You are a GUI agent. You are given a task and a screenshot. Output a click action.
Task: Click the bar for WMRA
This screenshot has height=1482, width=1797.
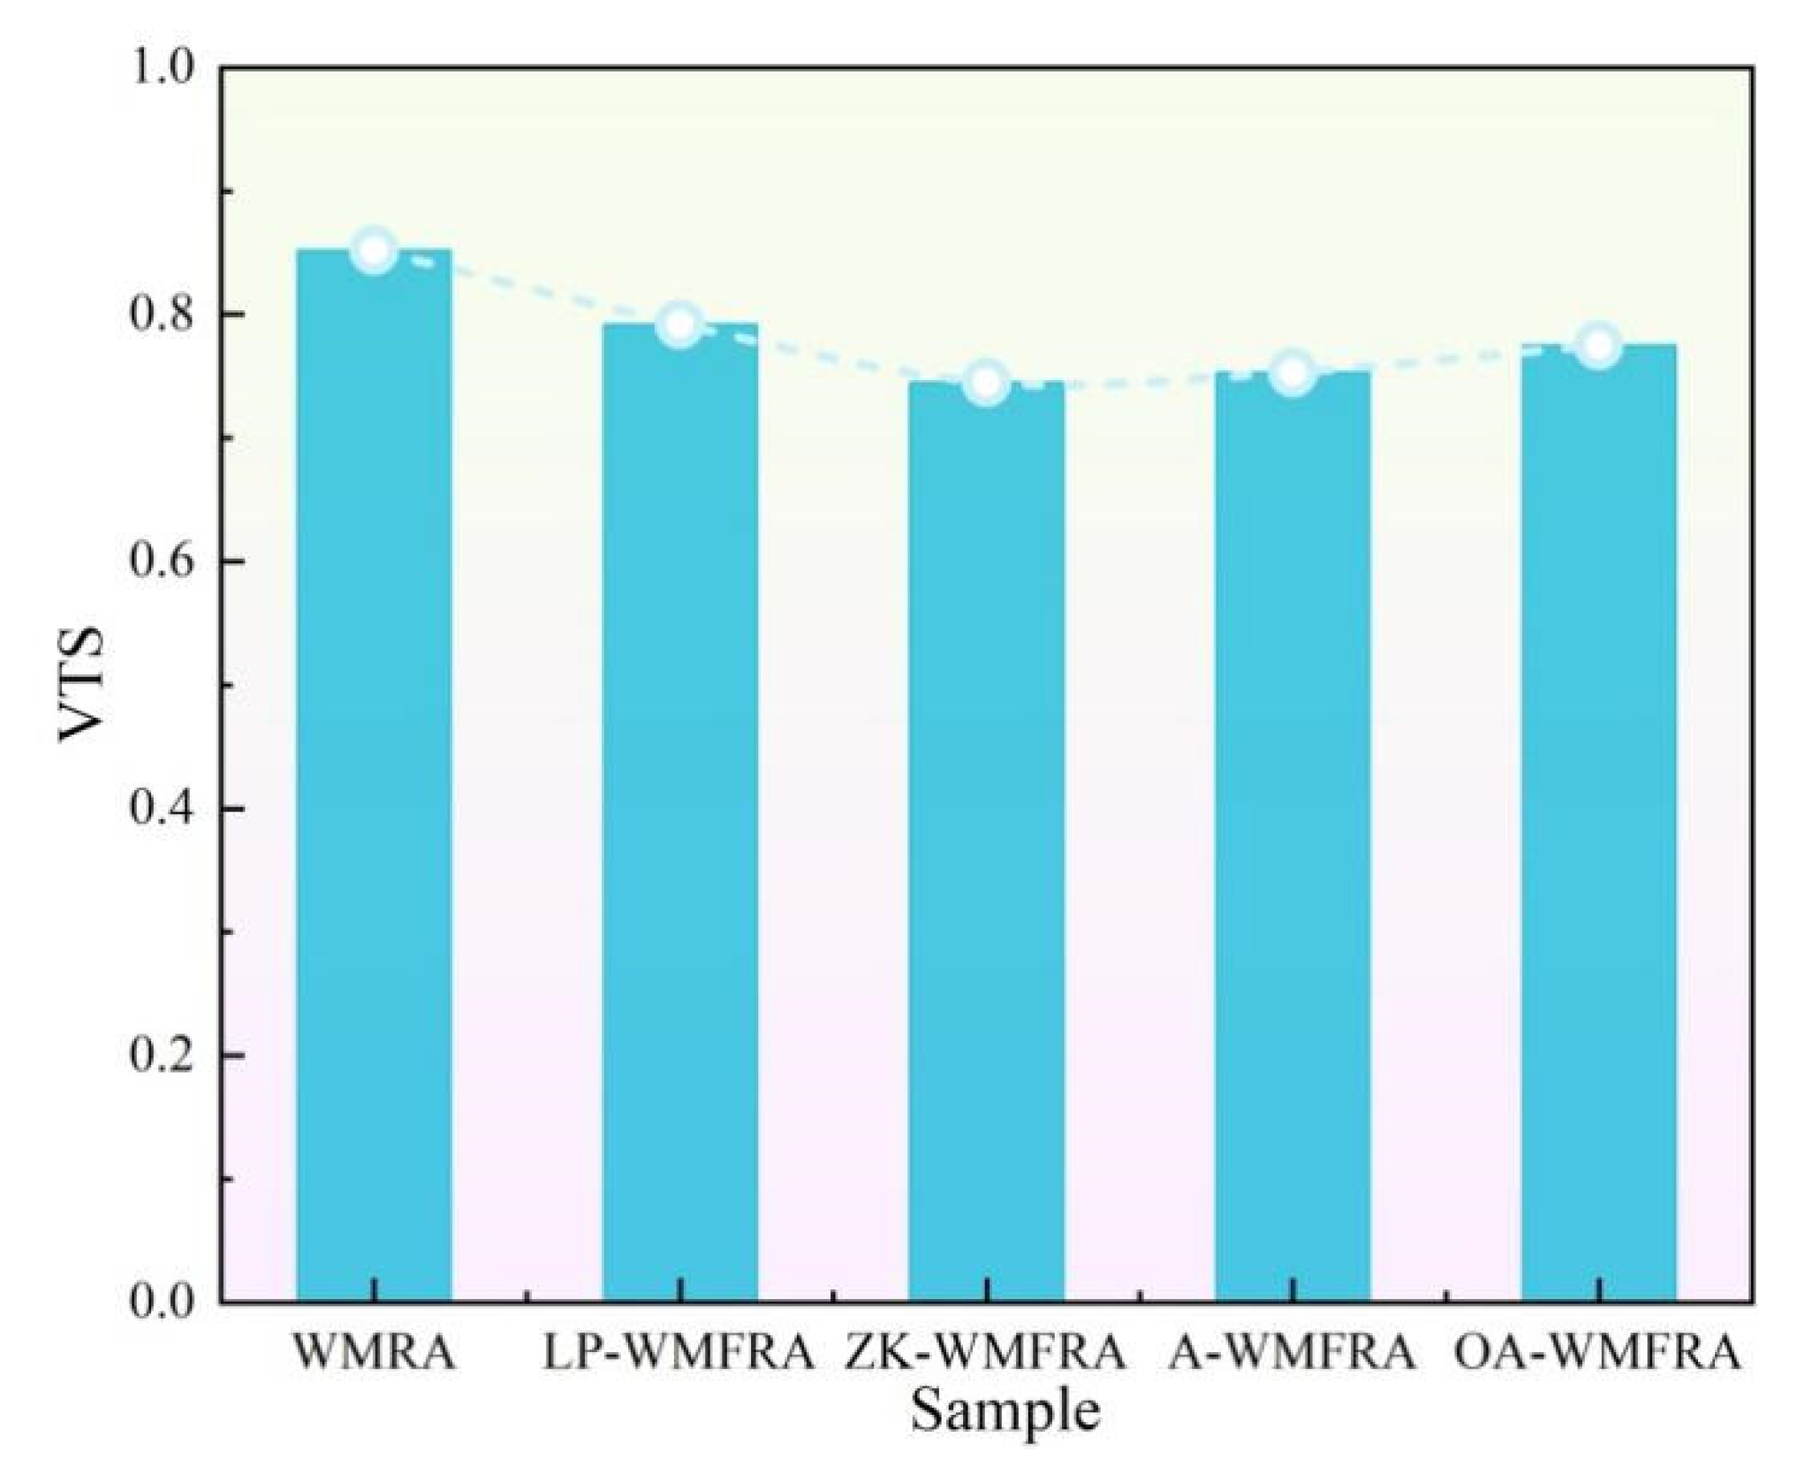tap(374, 778)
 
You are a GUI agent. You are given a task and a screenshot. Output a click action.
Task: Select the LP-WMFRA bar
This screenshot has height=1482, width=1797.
tap(679, 813)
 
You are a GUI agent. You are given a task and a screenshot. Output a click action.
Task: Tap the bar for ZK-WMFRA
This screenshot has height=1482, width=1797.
tap(986, 840)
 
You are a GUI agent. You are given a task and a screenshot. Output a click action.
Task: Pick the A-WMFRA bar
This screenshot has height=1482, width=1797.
tap(1293, 835)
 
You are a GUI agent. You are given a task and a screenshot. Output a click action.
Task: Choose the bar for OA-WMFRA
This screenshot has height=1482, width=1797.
tap(1598, 822)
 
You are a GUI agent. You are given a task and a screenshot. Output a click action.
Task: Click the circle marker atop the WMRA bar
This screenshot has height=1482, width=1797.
tap(374, 251)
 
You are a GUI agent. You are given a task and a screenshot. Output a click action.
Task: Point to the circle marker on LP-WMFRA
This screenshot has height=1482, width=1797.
tap(679, 324)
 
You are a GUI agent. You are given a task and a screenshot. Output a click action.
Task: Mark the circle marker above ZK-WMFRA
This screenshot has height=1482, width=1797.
tap(986, 383)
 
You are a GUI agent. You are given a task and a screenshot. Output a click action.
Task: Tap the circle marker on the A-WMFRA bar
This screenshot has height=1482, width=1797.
tap(1293, 373)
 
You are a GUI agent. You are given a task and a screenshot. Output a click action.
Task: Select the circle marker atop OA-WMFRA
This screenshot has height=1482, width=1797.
tap(1598, 346)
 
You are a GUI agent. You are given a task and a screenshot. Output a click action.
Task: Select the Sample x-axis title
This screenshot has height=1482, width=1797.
tap(1005, 1411)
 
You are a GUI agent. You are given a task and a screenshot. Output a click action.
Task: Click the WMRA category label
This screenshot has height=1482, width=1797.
tap(374, 1353)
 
